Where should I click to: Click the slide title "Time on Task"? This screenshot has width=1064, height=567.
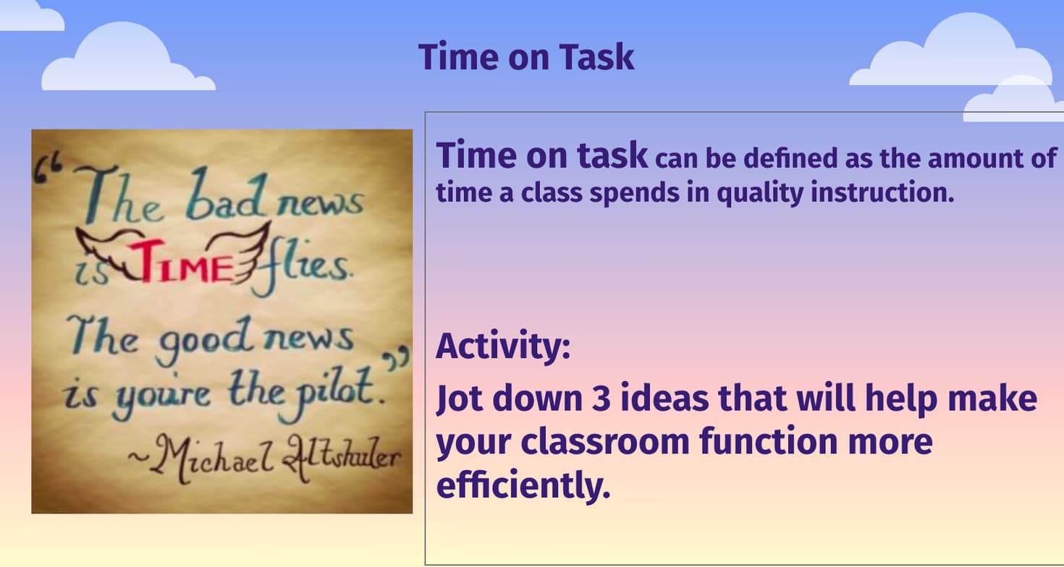click(x=526, y=56)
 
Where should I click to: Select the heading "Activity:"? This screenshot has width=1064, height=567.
click(x=502, y=346)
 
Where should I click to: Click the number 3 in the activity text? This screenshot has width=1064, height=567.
click(x=601, y=399)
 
